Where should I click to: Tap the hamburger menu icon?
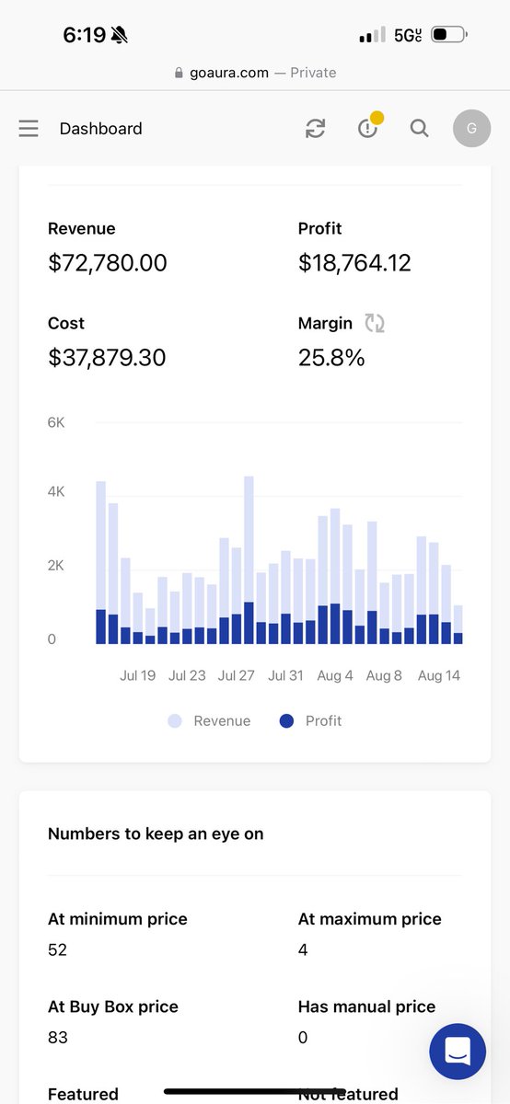29,129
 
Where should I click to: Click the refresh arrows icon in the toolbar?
315,129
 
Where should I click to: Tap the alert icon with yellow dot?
368,128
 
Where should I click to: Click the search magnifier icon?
419,129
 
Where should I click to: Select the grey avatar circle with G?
471,129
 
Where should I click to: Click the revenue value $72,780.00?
108,263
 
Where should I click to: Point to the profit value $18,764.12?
354,263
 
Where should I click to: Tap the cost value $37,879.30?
107,357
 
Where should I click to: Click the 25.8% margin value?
331,358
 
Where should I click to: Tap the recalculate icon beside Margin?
375,323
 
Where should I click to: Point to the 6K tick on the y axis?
56,422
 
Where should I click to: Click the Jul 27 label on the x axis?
236,675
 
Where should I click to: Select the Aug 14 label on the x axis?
438,675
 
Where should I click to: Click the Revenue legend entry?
209,721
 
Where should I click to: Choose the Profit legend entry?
310,721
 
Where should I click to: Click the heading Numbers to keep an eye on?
156,834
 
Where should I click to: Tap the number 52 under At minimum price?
57,949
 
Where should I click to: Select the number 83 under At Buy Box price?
57,1038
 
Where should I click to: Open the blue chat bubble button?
458,1051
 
